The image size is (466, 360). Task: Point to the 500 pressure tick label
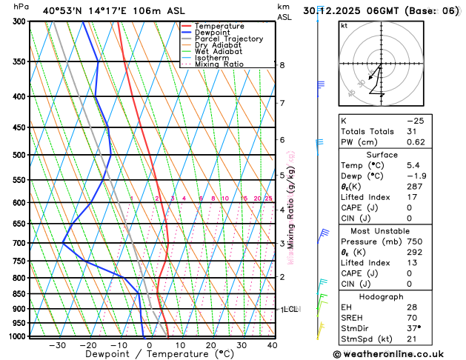point(19,155)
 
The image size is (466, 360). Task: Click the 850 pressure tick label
point(19,294)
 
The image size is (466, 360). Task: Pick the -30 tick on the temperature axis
point(58,345)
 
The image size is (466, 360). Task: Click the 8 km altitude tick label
point(282,65)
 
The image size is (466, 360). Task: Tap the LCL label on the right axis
point(290,309)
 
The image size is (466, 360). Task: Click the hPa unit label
point(21,7)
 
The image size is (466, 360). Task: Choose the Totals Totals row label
point(365,131)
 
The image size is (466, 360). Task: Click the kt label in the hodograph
point(344,25)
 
